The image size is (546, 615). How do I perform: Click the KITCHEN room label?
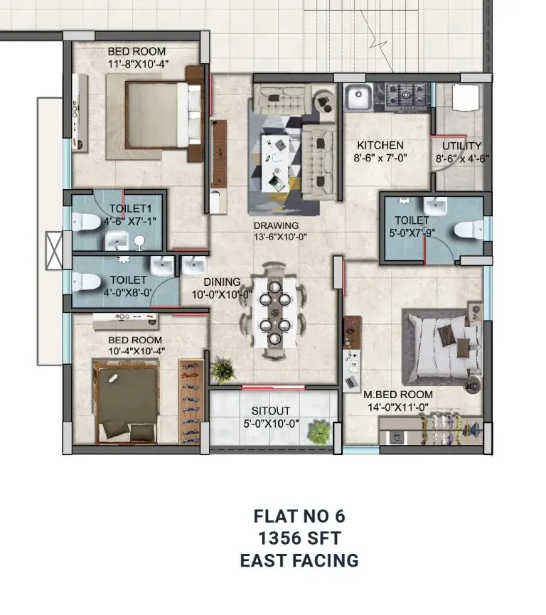coord(380,145)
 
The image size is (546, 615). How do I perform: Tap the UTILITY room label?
coord(461,146)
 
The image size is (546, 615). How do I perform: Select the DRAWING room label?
coord(276,225)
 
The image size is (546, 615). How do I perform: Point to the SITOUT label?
coord(271,411)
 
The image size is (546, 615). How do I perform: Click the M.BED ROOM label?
coord(397,394)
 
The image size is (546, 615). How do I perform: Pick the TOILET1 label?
coord(130,208)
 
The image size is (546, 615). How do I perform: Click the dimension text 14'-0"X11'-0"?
coord(397,407)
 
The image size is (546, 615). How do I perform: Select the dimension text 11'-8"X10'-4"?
coord(138,64)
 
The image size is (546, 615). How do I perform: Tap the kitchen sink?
coord(358,97)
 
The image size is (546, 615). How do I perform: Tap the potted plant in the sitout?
coord(319,432)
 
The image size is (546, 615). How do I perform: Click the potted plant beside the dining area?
coord(223,370)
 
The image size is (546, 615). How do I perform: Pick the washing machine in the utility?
coord(466,97)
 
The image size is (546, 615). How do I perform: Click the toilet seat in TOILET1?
coord(86,222)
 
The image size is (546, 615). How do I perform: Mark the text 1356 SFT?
coord(300,538)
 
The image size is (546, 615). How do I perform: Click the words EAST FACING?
coord(300,560)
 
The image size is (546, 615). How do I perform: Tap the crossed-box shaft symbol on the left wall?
coord(54,251)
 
